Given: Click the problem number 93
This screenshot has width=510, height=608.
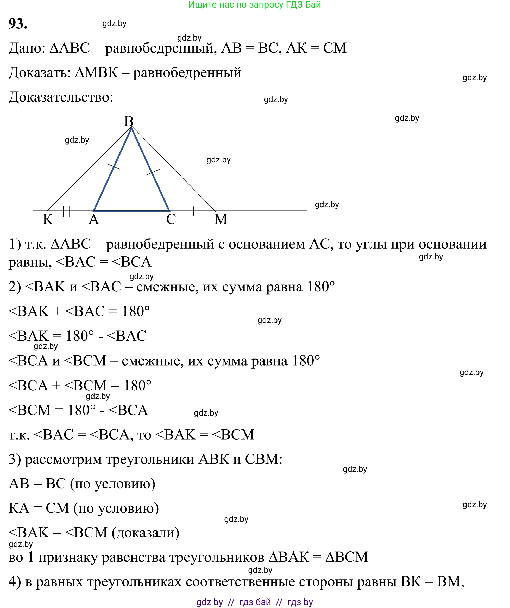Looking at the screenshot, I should (x=18, y=23).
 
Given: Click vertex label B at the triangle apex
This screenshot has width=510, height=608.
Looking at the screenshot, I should (x=129, y=121).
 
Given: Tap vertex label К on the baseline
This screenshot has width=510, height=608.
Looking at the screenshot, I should (x=48, y=220).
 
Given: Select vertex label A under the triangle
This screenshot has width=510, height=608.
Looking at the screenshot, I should (x=94, y=220).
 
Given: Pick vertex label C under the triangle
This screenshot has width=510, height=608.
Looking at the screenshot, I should (x=171, y=220).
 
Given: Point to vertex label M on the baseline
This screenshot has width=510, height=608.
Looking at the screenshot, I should (x=221, y=220).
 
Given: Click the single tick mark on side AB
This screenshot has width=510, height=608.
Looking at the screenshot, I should (x=113, y=166).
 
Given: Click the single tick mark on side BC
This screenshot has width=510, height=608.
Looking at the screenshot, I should (x=153, y=172).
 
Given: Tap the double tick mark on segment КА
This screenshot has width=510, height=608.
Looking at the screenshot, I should (x=66, y=211).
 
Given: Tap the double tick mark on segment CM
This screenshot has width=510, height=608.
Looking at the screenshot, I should (x=191, y=211).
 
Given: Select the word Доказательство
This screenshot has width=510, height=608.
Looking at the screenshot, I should (x=61, y=97).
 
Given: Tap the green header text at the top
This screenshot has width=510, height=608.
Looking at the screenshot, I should (x=255, y=5).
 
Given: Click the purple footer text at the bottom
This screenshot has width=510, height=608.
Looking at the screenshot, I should (x=255, y=602).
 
